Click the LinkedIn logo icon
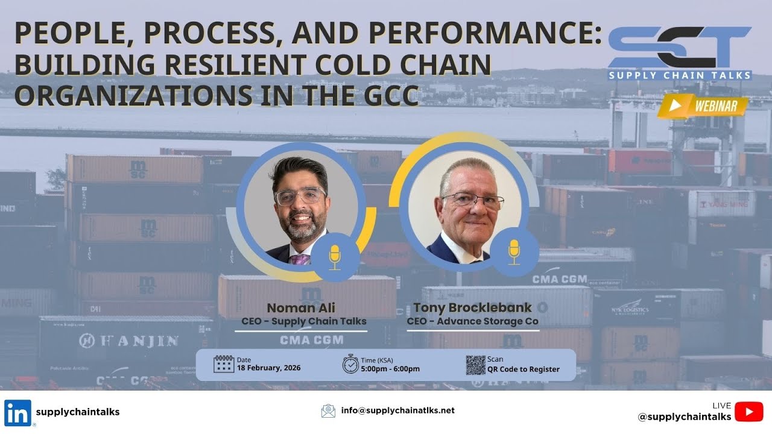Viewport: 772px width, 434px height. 18,413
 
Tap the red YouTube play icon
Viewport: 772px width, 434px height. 749,412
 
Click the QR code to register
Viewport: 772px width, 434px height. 475,365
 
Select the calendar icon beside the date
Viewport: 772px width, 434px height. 223,364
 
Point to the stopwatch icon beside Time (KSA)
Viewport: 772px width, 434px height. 350,364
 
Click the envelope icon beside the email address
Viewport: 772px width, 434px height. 328,411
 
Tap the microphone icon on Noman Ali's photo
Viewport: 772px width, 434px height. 335,257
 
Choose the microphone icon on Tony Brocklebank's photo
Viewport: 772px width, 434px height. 514,251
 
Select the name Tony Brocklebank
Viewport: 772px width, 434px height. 473,308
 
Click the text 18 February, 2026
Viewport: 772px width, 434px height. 268,368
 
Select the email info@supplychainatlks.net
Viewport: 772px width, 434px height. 397,410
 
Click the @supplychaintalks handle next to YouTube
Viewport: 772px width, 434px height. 685,417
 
